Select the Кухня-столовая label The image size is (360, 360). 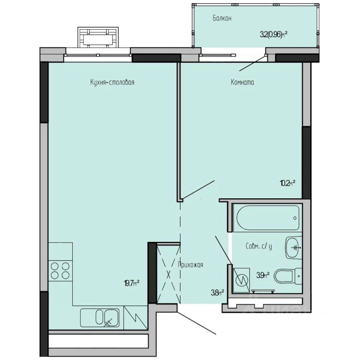point(112,82)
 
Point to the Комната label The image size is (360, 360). point(242,82)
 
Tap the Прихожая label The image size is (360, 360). point(190,265)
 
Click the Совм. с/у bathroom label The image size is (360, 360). point(259,246)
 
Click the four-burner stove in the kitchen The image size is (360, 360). point(60,270)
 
